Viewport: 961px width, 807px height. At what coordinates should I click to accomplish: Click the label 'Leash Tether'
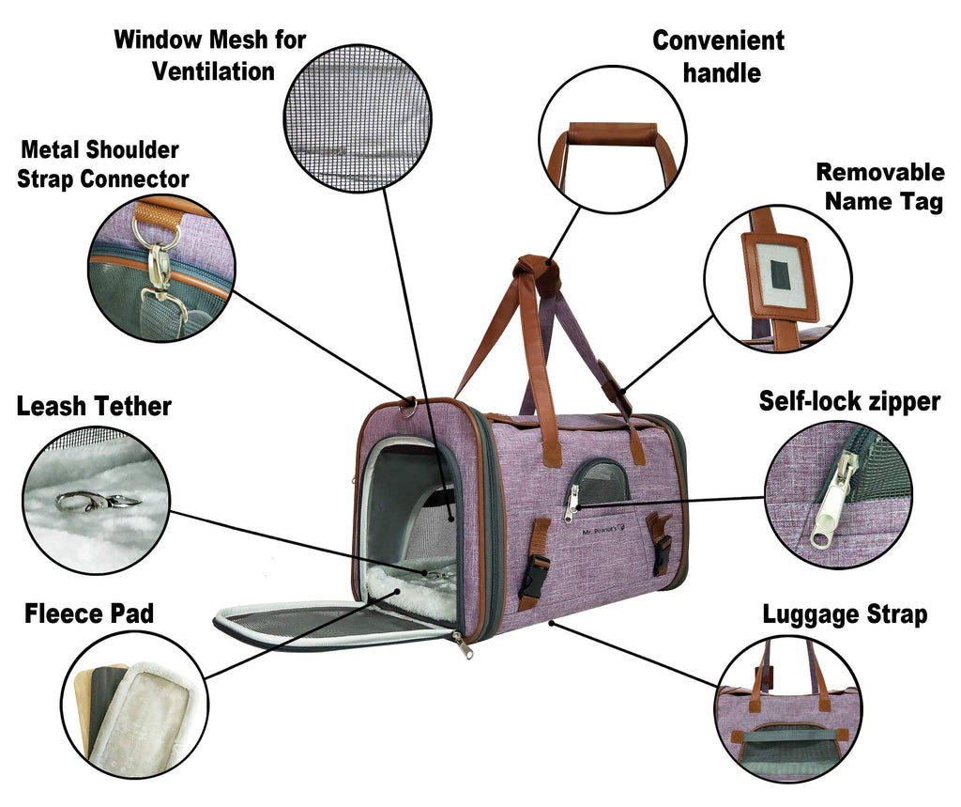(94, 406)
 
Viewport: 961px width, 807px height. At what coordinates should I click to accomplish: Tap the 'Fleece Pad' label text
(89, 613)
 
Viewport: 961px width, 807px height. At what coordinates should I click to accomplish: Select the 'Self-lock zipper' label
(849, 401)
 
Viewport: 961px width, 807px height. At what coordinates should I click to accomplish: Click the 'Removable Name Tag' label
(880, 187)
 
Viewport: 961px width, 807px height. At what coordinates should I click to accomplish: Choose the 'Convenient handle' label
(719, 56)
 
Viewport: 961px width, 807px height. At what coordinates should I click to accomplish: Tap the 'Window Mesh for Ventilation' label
(210, 55)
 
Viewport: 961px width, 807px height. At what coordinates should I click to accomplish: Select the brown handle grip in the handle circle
(612, 132)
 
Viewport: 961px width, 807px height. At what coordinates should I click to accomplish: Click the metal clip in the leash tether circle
(98, 502)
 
